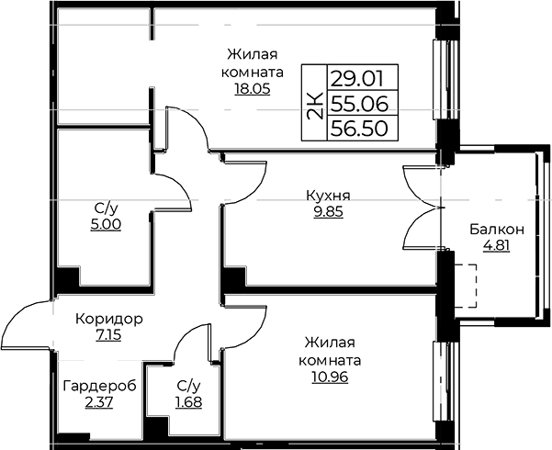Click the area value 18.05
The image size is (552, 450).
click(253, 89)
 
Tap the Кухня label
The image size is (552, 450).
click(328, 196)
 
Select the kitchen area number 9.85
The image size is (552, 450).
click(328, 212)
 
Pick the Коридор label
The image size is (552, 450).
click(109, 320)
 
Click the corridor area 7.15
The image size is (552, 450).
click(108, 335)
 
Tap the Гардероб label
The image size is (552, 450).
click(99, 387)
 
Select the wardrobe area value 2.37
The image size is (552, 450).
click(99, 402)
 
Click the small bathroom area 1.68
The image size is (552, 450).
click(188, 402)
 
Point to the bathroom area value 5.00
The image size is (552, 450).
click(106, 224)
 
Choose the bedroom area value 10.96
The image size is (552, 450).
click(330, 377)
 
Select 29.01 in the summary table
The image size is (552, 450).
click(357, 79)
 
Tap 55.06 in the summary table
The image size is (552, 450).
click(360, 104)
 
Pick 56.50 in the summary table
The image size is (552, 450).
click(360, 129)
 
